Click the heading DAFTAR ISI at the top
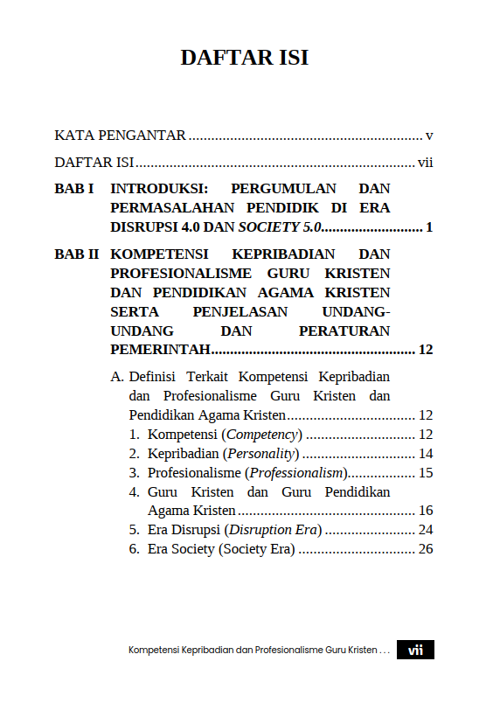coord(244,58)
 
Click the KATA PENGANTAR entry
coord(120,136)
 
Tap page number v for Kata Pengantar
coord(429,136)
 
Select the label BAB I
coord(74,188)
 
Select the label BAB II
coord(76,254)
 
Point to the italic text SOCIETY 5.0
coord(281,227)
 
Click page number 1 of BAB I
coord(429,227)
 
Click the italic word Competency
coord(264,435)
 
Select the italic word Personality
coord(261,454)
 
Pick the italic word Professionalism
coord(298,473)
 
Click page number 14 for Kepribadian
coord(426,454)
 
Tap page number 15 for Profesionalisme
coord(426,473)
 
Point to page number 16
coord(426,511)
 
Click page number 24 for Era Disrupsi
coord(426,530)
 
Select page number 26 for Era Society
coord(426,549)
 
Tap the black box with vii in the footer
coord(415,651)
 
